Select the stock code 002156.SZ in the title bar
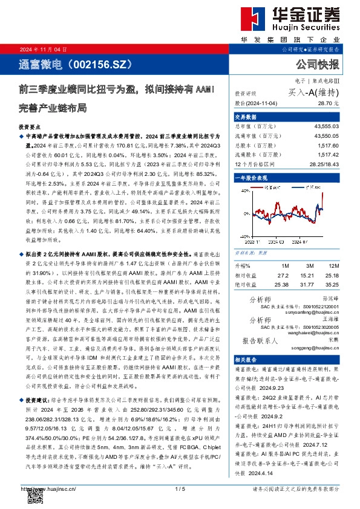pyautogui.click(x=101, y=64)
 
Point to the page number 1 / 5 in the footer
pyautogui.click(x=180, y=488)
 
